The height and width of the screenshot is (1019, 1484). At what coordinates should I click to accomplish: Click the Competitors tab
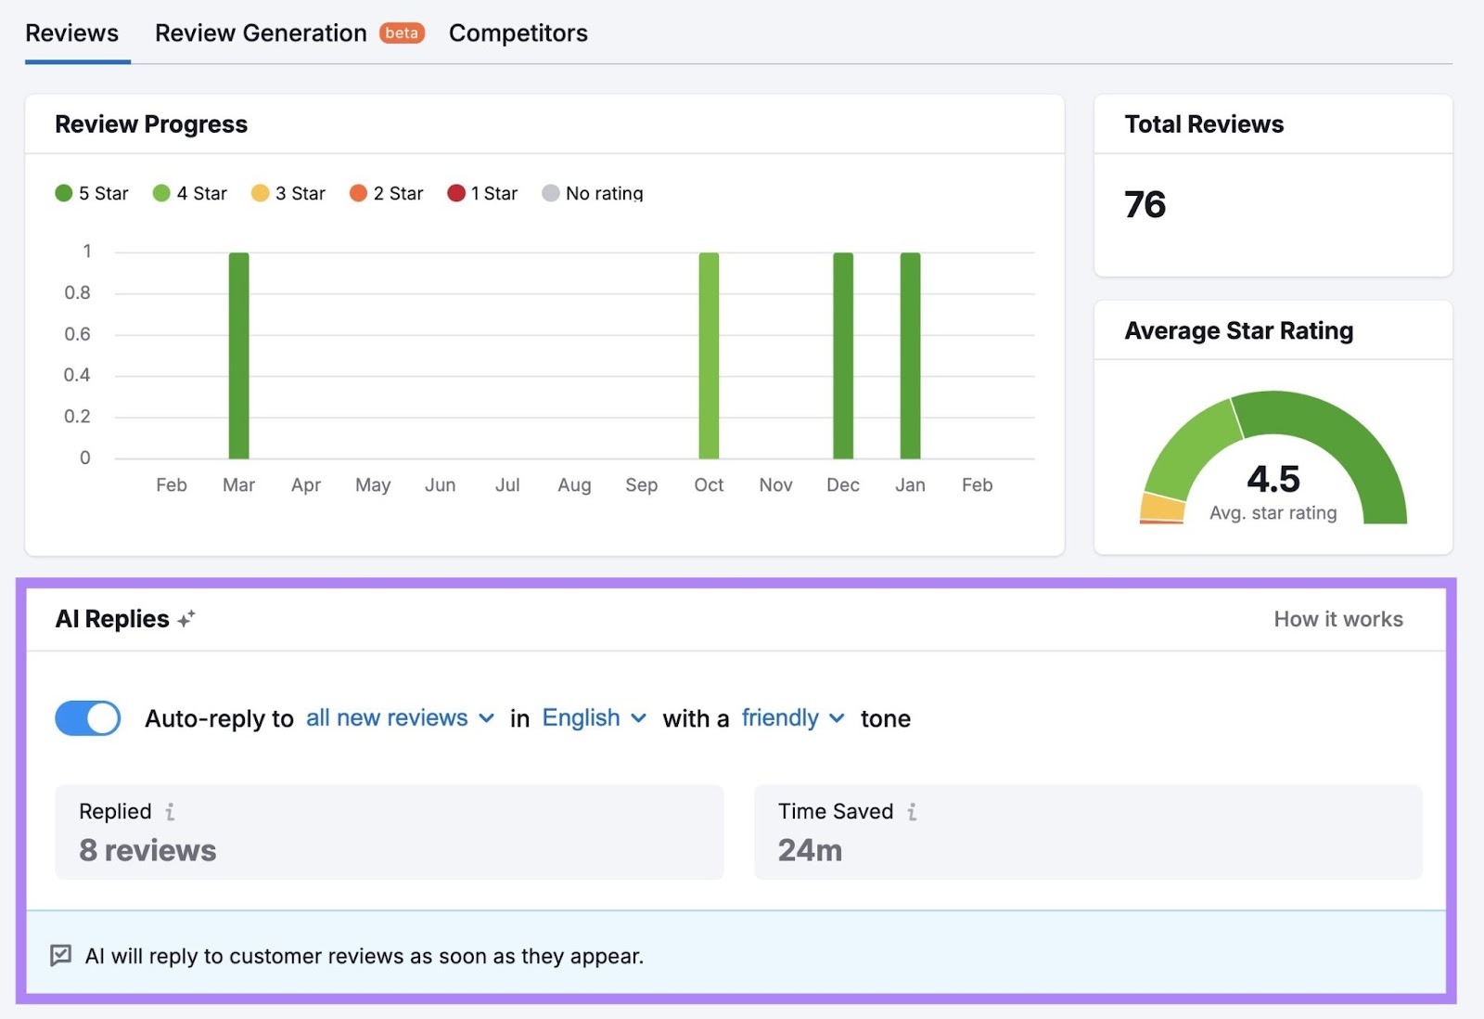click(x=518, y=33)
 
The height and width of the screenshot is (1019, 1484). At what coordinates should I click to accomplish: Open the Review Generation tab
click(x=261, y=33)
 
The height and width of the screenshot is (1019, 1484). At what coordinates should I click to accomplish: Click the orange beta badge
click(x=402, y=33)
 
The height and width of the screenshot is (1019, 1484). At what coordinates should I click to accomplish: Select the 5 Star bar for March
click(x=238, y=355)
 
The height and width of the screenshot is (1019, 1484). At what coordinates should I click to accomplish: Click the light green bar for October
click(x=709, y=355)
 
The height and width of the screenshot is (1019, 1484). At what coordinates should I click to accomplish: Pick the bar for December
click(x=843, y=355)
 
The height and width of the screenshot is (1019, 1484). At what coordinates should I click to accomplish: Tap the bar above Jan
click(x=910, y=355)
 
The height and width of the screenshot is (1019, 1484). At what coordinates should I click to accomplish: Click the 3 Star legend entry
click(x=288, y=193)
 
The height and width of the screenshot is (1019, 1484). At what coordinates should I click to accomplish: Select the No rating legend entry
click(x=593, y=193)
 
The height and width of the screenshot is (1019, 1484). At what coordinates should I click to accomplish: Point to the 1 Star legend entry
click(x=482, y=193)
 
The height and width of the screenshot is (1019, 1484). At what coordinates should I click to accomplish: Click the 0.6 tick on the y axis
click(x=77, y=334)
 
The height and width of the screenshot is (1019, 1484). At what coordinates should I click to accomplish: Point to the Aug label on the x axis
click(x=574, y=485)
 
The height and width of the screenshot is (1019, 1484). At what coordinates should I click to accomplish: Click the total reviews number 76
click(x=1145, y=204)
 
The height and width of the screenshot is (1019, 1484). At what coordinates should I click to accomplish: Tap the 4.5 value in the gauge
click(x=1273, y=479)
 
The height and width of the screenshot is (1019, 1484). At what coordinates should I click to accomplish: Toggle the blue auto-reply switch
click(x=88, y=718)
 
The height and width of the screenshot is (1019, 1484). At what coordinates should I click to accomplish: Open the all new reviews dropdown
click(x=400, y=718)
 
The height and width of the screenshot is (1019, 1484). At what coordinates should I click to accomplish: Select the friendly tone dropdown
click(x=793, y=718)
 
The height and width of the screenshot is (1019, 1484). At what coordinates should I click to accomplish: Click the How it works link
click(x=1337, y=619)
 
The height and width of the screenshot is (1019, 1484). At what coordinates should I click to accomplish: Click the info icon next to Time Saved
click(x=913, y=812)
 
